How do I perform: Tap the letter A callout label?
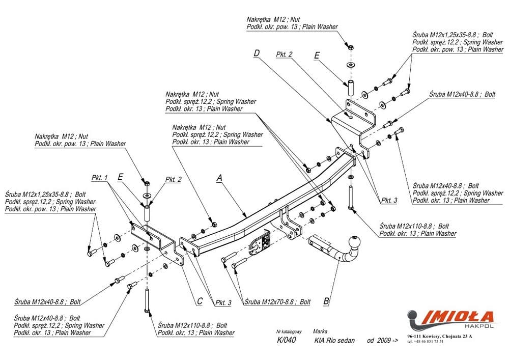(219, 177)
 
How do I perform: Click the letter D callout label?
(257, 53)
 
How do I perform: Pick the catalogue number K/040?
(284, 341)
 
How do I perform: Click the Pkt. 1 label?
(100, 178)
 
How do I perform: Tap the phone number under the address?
(425, 342)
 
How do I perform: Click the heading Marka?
(321, 330)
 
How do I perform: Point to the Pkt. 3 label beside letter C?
(222, 302)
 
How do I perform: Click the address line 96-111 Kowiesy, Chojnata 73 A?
(439, 337)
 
